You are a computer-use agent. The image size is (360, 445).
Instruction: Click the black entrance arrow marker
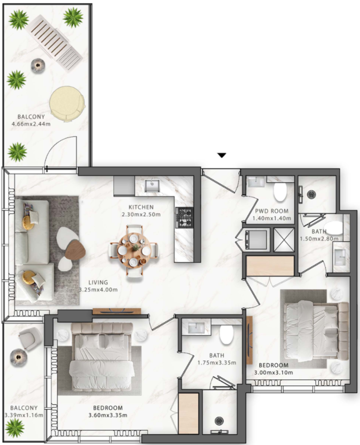(222, 155)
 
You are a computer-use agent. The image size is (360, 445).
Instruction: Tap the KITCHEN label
(141, 207)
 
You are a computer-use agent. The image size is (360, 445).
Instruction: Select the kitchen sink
(152, 185)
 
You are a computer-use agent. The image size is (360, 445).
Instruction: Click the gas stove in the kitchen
(184, 217)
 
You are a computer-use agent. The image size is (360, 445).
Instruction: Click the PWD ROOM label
(271, 211)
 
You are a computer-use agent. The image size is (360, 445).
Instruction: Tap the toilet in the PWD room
(280, 192)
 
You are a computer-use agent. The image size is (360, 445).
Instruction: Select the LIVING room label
(98, 282)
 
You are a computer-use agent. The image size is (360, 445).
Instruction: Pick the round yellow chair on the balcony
(67, 103)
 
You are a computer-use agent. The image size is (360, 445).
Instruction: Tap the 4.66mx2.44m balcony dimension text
(31, 124)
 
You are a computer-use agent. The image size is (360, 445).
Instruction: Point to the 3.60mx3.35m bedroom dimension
(108, 415)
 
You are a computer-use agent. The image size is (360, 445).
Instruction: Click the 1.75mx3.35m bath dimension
(217, 362)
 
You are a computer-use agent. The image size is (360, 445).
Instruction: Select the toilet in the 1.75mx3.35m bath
(226, 335)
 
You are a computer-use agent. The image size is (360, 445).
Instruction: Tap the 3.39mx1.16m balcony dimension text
(24, 415)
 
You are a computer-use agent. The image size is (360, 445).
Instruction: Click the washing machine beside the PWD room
(256, 240)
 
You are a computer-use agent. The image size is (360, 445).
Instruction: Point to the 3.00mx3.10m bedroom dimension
(273, 373)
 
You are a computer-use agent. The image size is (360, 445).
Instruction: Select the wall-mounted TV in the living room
(117, 311)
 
